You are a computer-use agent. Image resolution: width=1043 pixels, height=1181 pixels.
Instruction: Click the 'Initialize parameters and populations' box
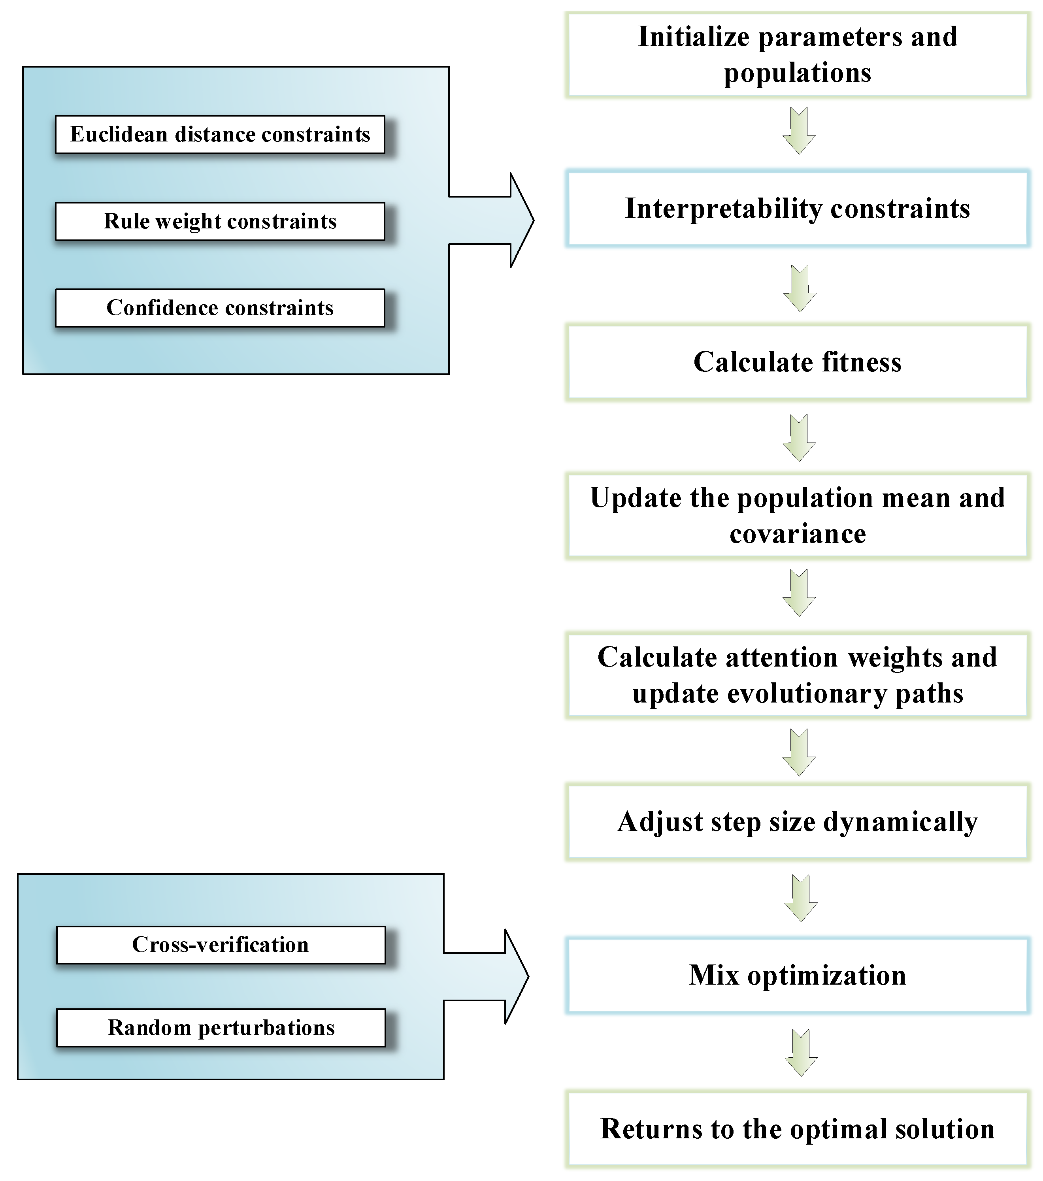coord(798,55)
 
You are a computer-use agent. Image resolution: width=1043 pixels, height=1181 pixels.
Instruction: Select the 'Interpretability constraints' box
coord(798,209)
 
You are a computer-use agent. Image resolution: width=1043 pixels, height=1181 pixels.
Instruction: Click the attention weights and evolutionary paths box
coord(798,675)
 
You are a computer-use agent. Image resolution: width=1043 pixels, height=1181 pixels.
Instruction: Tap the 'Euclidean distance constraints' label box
coord(220,135)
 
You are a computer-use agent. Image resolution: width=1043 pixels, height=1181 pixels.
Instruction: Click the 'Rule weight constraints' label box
coord(220,221)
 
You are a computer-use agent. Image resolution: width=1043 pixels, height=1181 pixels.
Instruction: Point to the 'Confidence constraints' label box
coord(220,308)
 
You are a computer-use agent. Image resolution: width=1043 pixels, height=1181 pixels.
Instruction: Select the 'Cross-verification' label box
coord(221,945)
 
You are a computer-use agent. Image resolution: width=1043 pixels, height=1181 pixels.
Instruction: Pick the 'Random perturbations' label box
coord(221,1028)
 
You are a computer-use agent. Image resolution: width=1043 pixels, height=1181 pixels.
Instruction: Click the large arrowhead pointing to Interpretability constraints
coord(520,220)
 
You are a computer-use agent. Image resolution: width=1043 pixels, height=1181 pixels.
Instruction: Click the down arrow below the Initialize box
coord(799,130)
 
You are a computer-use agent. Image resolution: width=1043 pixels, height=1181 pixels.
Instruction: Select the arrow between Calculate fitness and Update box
coord(799,438)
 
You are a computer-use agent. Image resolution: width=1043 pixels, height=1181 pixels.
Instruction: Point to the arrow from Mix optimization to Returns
coord(801,1053)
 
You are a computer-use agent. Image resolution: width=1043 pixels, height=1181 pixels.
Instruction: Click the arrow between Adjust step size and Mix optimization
coord(801,898)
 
